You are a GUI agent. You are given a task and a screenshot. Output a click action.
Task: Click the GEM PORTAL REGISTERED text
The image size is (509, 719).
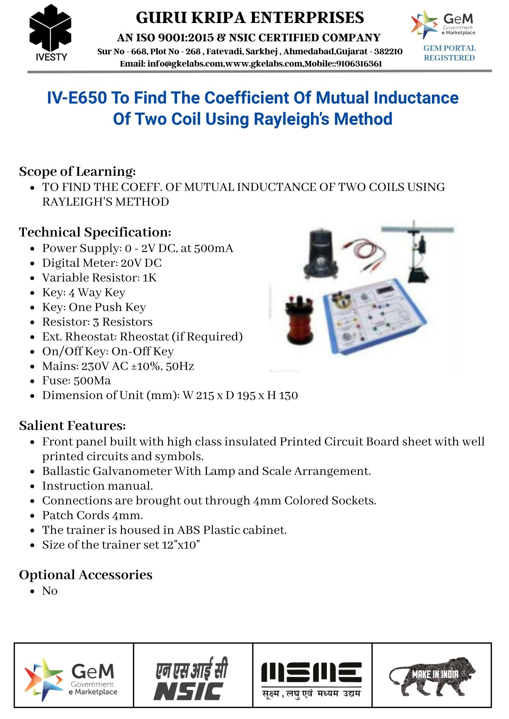click(449, 53)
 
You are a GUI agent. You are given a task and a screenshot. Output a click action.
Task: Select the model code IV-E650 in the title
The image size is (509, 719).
click(77, 98)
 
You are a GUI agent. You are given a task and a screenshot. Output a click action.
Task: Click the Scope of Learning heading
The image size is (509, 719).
click(77, 171)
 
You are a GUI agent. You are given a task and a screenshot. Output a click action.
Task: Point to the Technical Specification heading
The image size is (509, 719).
click(95, 232)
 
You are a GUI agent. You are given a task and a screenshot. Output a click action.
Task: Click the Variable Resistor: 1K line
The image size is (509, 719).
click(99, 278)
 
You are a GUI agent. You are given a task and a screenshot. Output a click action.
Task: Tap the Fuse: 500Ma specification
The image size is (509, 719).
click(76, 381)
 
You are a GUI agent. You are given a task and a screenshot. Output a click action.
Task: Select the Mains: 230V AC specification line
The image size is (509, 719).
click(118, 366)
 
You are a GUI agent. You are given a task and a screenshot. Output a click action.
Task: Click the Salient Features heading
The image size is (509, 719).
click(72, 426)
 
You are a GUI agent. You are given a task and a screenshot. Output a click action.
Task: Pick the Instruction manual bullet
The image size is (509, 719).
click(98, 486)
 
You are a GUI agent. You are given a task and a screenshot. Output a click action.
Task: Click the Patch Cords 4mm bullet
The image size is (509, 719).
click(93, 516)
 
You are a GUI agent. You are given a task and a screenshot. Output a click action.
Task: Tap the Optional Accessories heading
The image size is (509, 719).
click(86, 575)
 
